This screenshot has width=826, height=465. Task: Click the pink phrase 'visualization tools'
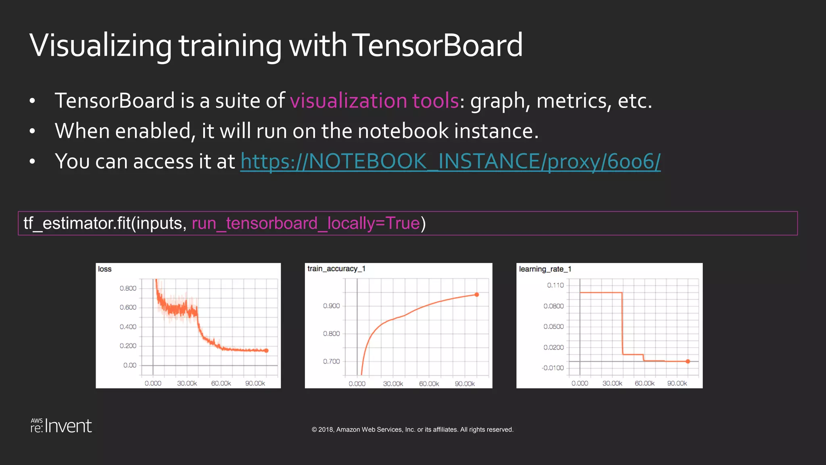click(x=374, y=101)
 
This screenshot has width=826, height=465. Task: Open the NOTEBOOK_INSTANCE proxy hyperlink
click(x=450, y=161)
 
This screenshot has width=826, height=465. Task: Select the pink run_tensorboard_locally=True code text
click(x=306, y=223)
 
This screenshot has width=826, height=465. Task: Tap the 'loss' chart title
click(x=104, y=269)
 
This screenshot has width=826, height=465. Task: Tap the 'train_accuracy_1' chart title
click(x=336, y=269)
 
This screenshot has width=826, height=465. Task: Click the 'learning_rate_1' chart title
click(x=545, y=269)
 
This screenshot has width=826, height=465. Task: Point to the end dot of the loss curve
click(x=266, y=350)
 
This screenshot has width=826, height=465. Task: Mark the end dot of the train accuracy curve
click(x=477, y=295)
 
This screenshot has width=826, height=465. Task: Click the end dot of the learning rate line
click(x=688, y=361)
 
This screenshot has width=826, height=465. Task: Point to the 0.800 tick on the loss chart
click(x=128, y=288)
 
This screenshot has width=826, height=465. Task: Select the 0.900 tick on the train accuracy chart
click(x=331, y=306)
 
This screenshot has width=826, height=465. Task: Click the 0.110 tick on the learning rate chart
click(x=555, y=285)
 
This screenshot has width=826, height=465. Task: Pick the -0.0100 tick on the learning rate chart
click(x=553, y=368)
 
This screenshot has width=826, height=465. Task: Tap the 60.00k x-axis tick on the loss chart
click(x=221, y=383)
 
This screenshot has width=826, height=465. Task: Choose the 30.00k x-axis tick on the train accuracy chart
click(x=393, y=384)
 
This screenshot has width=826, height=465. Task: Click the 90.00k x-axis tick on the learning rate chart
click(x=677, y=383)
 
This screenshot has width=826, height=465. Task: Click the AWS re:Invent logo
click(x=61, y=426)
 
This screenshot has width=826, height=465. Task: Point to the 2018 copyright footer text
click(x=412, y=429)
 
